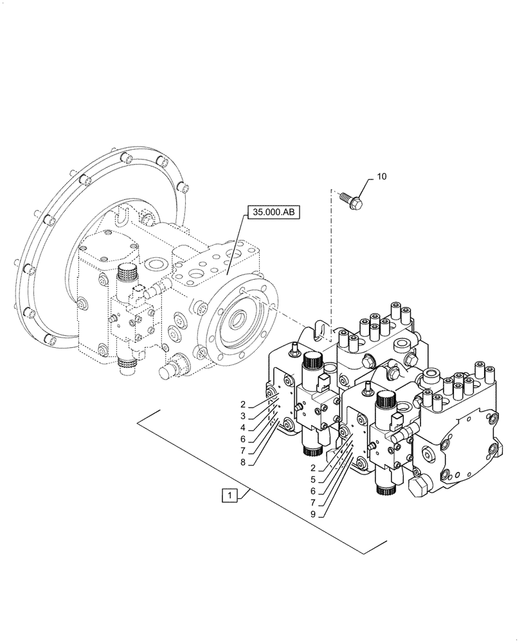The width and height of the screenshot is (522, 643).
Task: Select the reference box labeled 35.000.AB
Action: tap(274, 213)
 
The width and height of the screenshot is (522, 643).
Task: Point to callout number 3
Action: tap(243, 416)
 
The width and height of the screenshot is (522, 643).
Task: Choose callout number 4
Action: tap(243, 428)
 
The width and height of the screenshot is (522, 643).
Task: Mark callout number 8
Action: tap(243, 462)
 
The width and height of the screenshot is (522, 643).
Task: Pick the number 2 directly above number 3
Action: tap(243, 404)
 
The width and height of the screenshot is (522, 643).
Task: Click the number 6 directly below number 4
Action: tap(243, 439)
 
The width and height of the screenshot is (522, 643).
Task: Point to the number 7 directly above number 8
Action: tap(243, 450)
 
